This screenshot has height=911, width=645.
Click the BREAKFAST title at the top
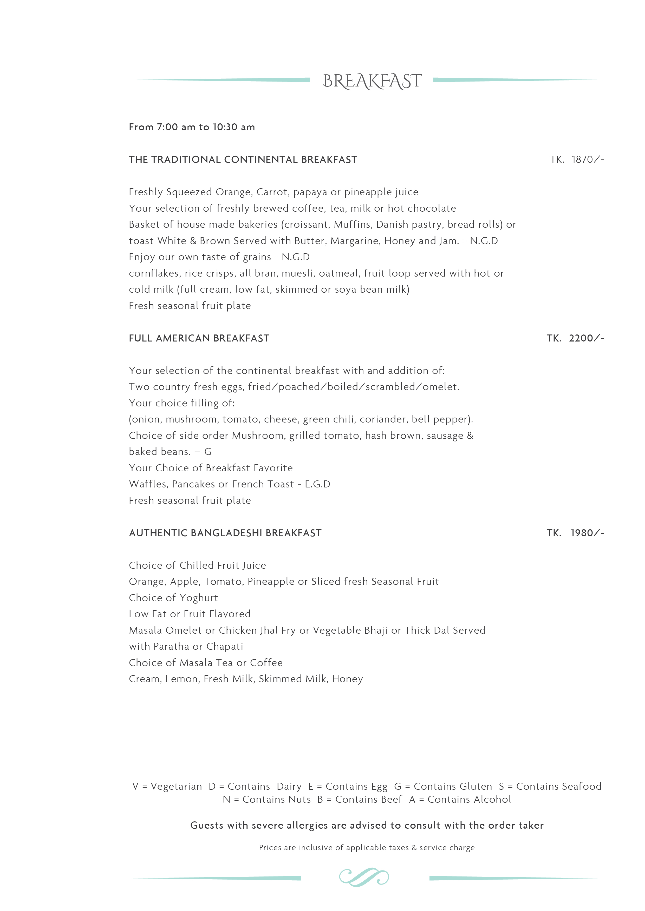click(372, 81)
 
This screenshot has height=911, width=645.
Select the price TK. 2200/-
click(575, 338)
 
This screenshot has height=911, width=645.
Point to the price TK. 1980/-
click(575, 533)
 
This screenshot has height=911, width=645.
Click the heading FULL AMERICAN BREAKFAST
click(199, 338)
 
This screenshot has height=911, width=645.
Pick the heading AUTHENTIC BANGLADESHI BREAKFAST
click(225, 533)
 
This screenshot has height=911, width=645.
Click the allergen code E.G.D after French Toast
click(317, 484)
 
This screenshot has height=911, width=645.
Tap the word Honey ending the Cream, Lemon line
click(348, 679)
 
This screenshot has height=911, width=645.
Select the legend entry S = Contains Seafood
click(550, 786)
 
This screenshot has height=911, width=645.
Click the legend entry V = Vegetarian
click(167, 786)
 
